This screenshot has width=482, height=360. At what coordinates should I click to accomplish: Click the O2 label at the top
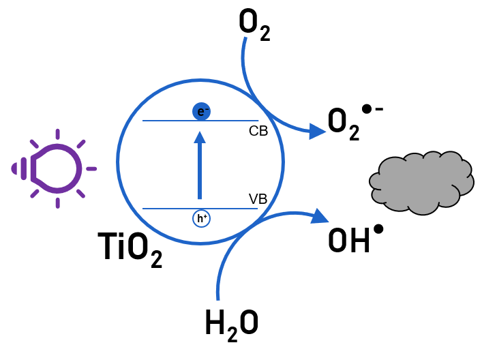tap(255, 27)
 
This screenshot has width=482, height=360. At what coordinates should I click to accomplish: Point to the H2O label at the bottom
tap(232, 322)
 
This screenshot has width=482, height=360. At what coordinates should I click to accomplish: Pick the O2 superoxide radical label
tap(344, 125)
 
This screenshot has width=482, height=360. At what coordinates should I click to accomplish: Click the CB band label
tap(258, 131)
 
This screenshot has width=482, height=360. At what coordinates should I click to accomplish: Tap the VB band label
tap(258, 200)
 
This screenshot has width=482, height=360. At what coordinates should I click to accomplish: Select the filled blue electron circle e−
tap(200, 110)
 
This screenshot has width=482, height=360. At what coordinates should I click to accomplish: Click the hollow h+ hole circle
tap(200, 218)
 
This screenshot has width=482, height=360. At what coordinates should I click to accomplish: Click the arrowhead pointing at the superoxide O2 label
tap(316, 131)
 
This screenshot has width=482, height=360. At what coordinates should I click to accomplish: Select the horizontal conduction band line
tap(170, 121)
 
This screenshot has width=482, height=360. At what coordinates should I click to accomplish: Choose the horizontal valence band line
tap(170, 208)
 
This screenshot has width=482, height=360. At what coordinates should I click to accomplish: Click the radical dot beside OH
tap(378, 229)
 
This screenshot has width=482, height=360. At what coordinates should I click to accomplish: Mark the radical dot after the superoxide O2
tap(367, 108)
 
